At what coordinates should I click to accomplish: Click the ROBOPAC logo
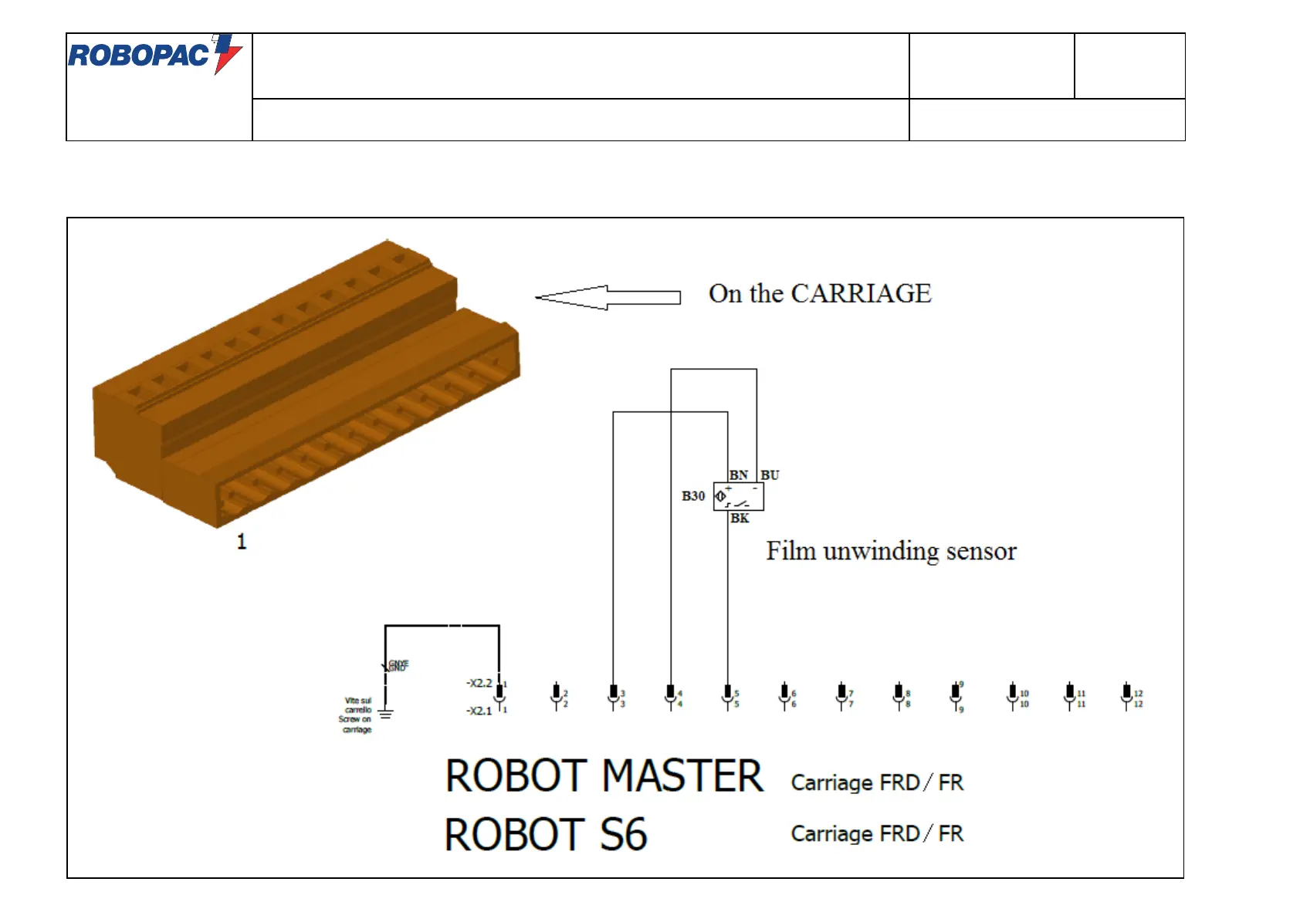point(154,54)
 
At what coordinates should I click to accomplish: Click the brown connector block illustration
point(306,386)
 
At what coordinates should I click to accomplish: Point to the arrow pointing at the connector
point(608,297)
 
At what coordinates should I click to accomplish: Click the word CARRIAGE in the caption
point(861,294)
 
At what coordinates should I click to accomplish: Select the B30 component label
point(692,496)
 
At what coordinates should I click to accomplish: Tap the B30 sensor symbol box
point(738,496)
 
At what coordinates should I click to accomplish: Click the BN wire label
point(738,475)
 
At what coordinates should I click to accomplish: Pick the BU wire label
point(770,475)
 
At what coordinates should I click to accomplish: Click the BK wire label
point(740,519)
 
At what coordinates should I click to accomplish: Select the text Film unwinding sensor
point(891,552)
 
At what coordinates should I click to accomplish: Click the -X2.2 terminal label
point(479,683)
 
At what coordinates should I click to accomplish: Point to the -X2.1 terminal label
point(479,711)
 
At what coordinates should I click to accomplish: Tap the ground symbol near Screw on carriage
point(385,714)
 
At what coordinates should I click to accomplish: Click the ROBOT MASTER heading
point(604,776)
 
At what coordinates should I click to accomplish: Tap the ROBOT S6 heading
point(545,835)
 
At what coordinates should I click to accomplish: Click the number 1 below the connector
point(242,542)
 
